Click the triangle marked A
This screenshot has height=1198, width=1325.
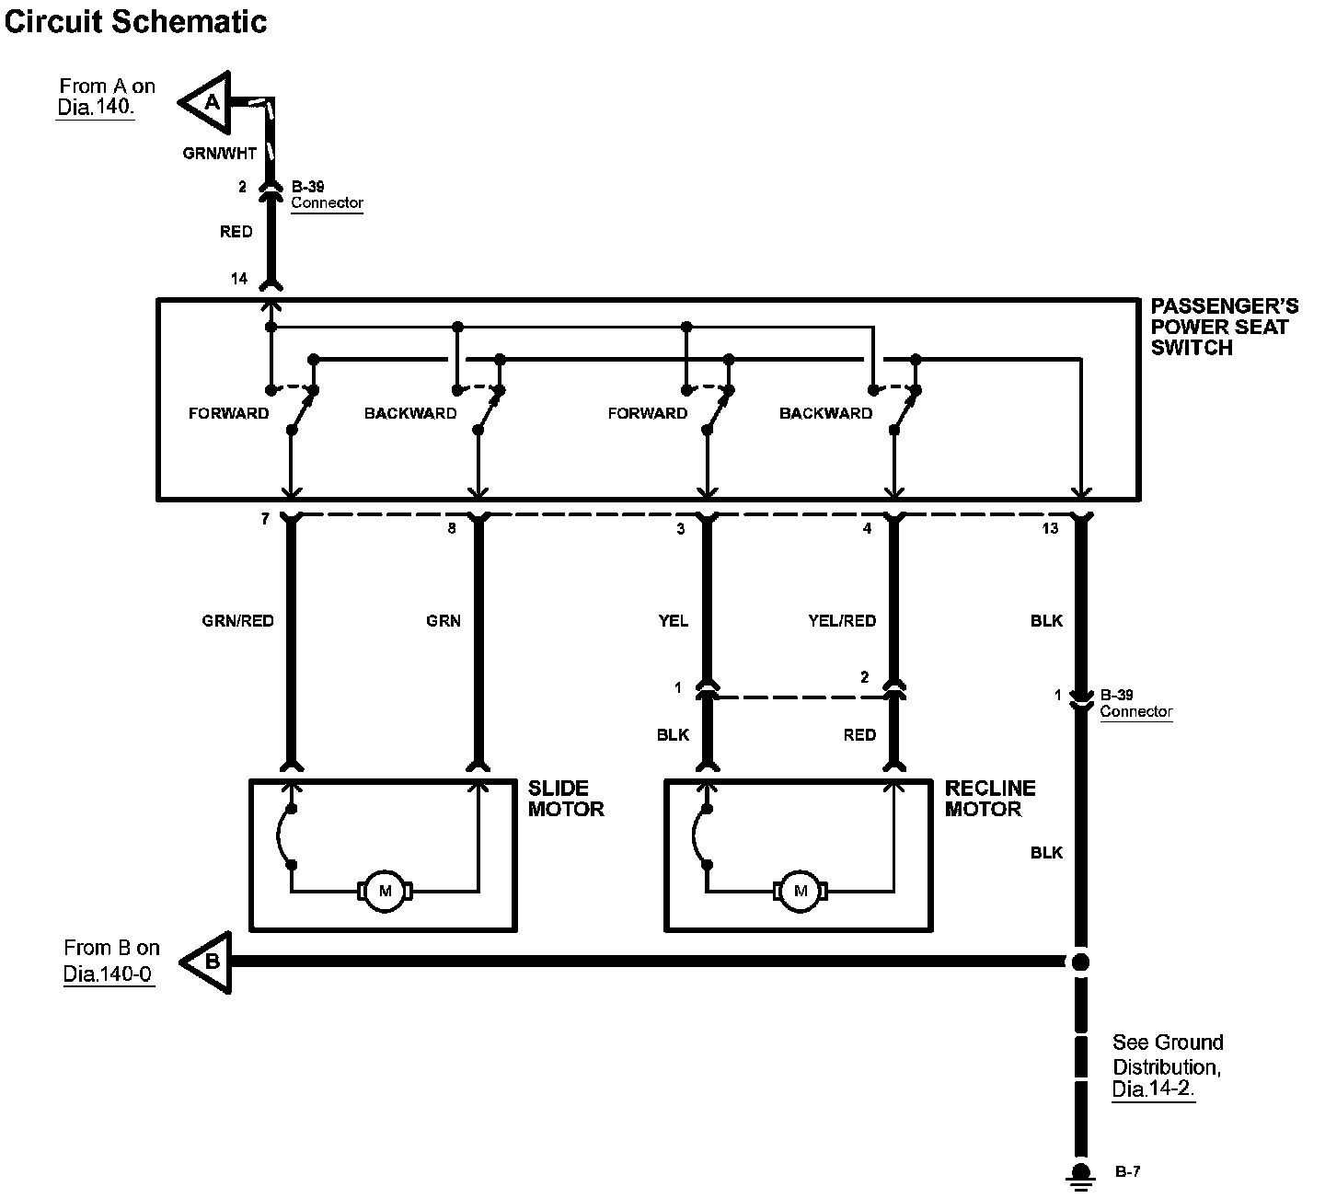208,102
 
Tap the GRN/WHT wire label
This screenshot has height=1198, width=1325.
219,154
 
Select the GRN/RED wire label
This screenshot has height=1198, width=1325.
238,621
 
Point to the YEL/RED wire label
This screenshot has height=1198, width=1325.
842,621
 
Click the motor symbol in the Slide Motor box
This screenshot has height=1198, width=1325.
385,891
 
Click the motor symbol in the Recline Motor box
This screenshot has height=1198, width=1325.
800,891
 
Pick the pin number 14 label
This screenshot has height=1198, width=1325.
239,278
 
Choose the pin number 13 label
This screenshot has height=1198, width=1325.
1050,528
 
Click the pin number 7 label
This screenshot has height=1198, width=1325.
265,520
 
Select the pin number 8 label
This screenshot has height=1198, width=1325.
452,529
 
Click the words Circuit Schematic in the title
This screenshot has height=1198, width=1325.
136,21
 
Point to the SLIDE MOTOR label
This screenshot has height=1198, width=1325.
566,799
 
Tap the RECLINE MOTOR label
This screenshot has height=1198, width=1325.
990,799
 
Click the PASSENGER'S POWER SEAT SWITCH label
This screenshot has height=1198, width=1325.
1224,327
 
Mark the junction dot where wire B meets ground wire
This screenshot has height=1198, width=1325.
1081,962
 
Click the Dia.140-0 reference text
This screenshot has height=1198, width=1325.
108,974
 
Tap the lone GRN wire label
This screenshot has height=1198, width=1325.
444,621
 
